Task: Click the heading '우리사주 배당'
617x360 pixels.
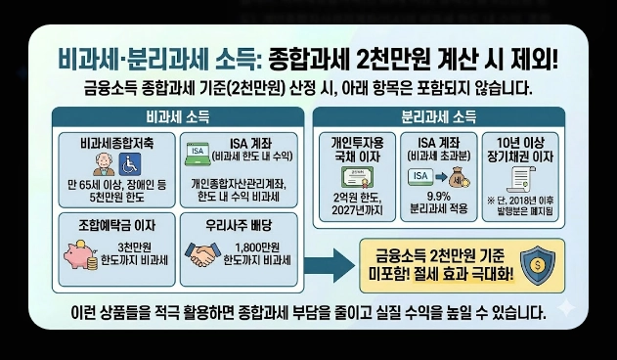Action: point(241,224)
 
